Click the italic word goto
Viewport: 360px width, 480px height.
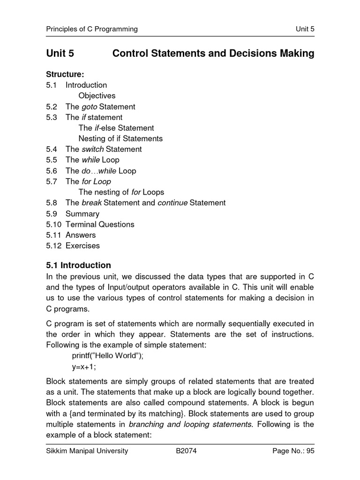pos(89,106)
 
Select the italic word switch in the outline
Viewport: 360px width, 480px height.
pos(92,149)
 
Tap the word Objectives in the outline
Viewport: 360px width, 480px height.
pos(97,96)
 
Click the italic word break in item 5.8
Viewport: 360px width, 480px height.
pos(91,202)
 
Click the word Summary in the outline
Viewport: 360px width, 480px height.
pos(82,214)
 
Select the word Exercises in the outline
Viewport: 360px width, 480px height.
pos(82,246)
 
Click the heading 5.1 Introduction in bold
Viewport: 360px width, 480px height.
pos(79,265)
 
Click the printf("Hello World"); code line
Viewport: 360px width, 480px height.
pos(111,355)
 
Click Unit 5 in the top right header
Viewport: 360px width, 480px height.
pos(305,29)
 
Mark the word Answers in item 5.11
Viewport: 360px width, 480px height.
pos(81,235)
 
